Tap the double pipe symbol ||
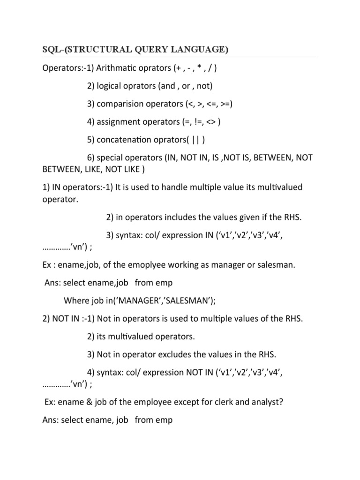pyautogui.click(x=198, y=139)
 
